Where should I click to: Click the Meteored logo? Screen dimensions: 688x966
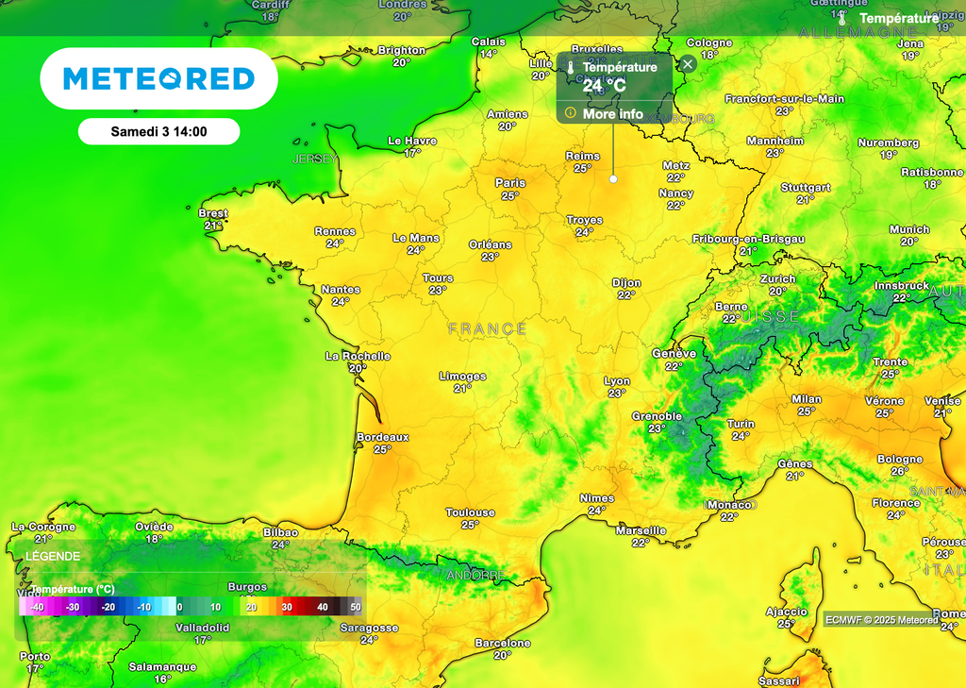[x=158, y=78]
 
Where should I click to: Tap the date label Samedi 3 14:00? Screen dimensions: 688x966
[x=158, y=131]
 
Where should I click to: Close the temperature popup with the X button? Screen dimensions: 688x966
[x=689, y=64]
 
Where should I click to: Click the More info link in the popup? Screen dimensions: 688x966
[x=612, y=114]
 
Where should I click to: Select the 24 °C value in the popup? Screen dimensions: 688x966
[x=604, y=86]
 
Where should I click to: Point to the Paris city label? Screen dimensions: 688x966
[x=510, y=183]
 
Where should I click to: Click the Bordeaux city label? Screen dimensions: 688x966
[x=383, y=437]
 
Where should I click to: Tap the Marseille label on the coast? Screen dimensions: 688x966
[x=641, y=530]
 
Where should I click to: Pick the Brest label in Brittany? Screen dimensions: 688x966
[x=213, y=213]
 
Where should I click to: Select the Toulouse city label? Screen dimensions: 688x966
[x=470, y=512]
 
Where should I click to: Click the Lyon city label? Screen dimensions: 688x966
[x=617, y=381]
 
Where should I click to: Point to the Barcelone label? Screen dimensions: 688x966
[x=503, y=643]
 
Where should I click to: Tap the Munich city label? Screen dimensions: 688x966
[x=909, y=229]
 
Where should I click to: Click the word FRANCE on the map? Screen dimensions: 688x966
[x=488, y=328]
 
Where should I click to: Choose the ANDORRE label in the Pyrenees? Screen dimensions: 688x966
[x=474, y=575]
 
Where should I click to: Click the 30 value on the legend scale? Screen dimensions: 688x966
[x=287, y=607]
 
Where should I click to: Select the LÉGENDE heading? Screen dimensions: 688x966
[x=45, y=557]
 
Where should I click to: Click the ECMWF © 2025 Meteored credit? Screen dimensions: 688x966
[x=881, y=620]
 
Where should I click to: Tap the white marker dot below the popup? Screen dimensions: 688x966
[x=613, y=177]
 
